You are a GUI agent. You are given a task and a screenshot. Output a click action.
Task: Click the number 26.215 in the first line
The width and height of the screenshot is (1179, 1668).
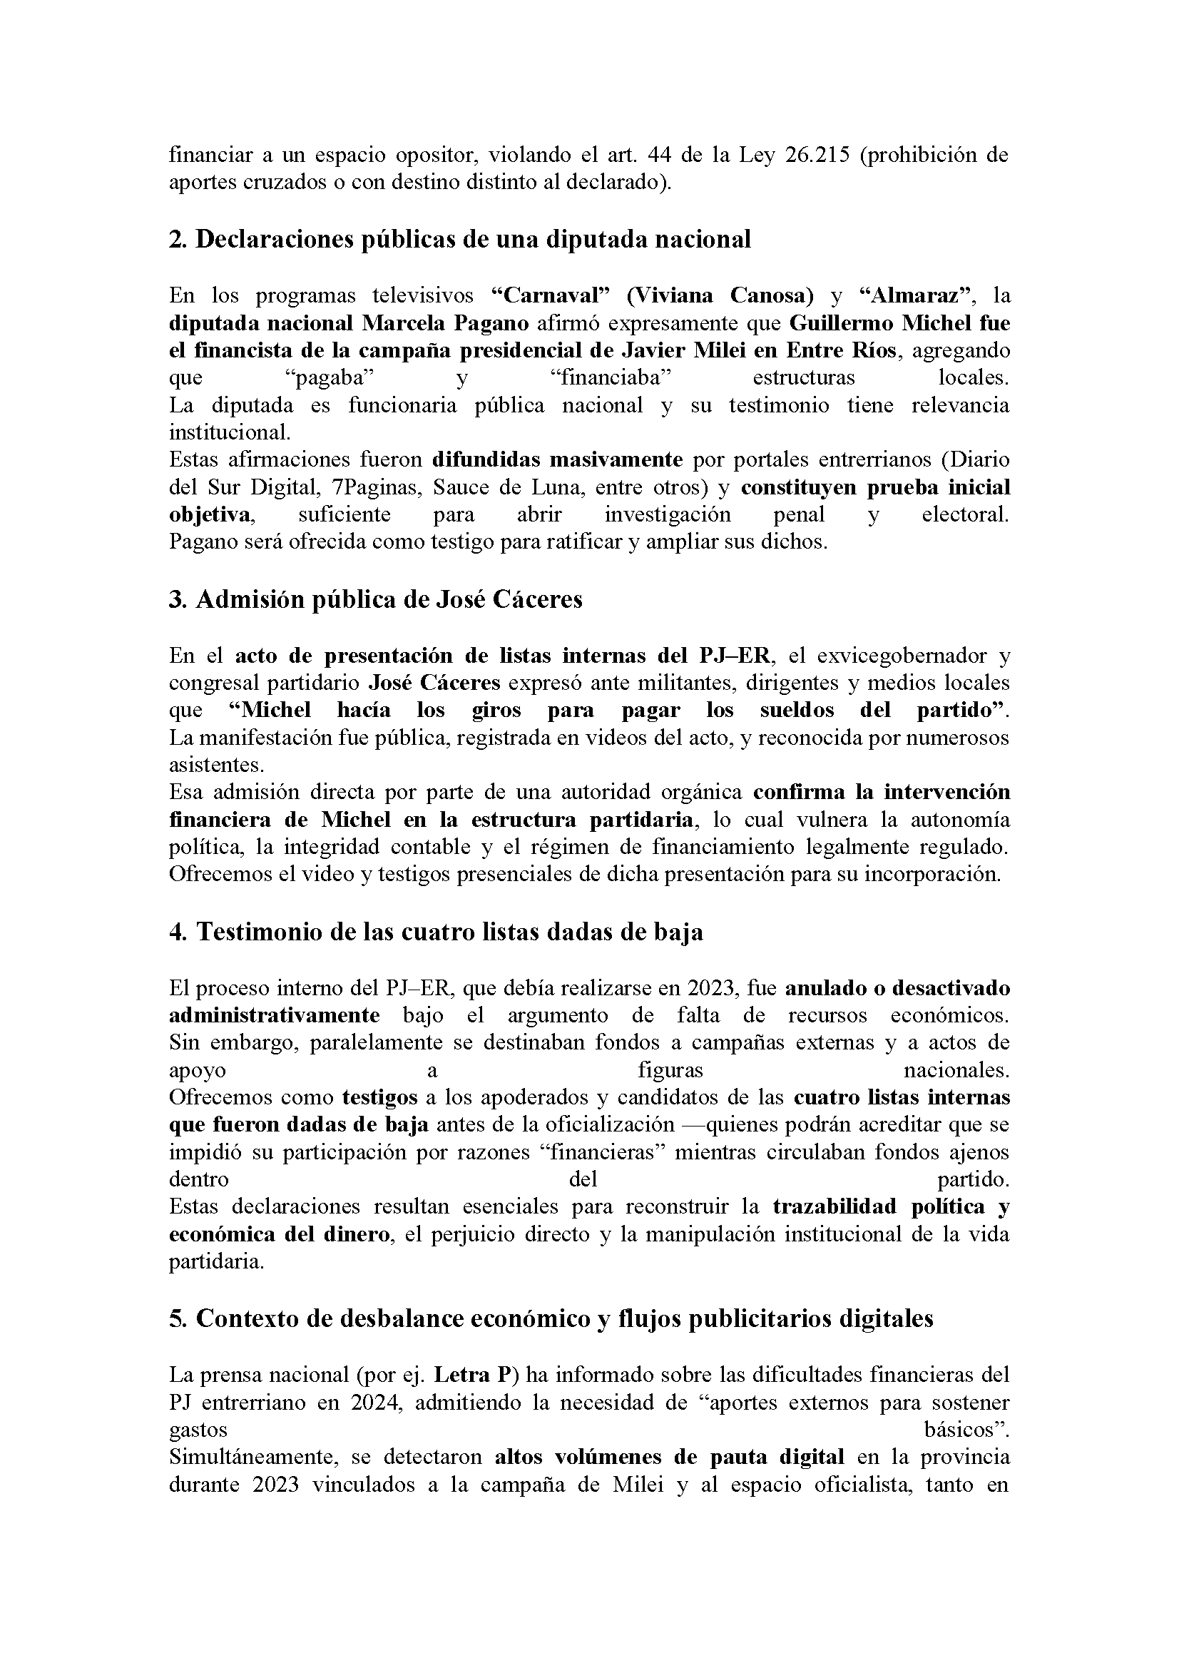pyautogui.click(x=818, y=155)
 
